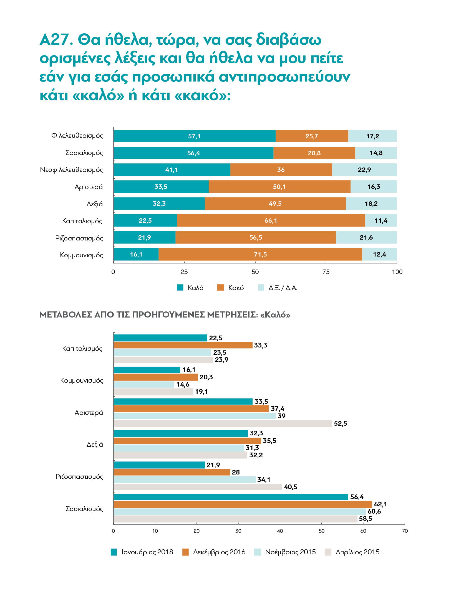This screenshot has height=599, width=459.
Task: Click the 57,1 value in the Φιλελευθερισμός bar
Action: (194, 136)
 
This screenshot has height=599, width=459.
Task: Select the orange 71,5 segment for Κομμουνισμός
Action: (260, 254)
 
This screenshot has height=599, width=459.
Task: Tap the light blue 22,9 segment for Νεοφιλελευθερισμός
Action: (364, 170)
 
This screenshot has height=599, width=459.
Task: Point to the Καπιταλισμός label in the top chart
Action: (82, 221)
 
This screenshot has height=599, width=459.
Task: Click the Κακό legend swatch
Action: (221, 288)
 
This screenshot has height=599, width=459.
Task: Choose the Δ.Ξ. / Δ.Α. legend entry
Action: (278, 288)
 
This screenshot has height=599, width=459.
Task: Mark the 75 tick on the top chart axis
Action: (326, 272)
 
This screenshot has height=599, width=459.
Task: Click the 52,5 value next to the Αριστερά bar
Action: (341, 423)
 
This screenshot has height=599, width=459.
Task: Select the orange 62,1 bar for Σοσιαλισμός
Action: (243, 504)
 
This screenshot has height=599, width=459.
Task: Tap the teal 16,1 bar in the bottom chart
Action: (147, 370)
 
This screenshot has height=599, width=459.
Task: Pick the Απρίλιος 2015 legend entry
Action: (352, 552)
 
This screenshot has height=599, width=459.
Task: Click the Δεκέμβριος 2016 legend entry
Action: (214, 552)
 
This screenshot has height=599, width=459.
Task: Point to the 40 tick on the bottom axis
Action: (280, 531)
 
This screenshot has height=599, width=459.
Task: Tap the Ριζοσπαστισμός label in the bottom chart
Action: (79, 477)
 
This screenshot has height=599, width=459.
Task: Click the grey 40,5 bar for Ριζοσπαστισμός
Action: (198, 487)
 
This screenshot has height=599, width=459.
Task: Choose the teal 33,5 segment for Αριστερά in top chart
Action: (161, 187)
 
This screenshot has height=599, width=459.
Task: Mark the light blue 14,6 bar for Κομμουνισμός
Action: (144, 384)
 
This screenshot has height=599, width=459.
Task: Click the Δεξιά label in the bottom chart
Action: (95, 445)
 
